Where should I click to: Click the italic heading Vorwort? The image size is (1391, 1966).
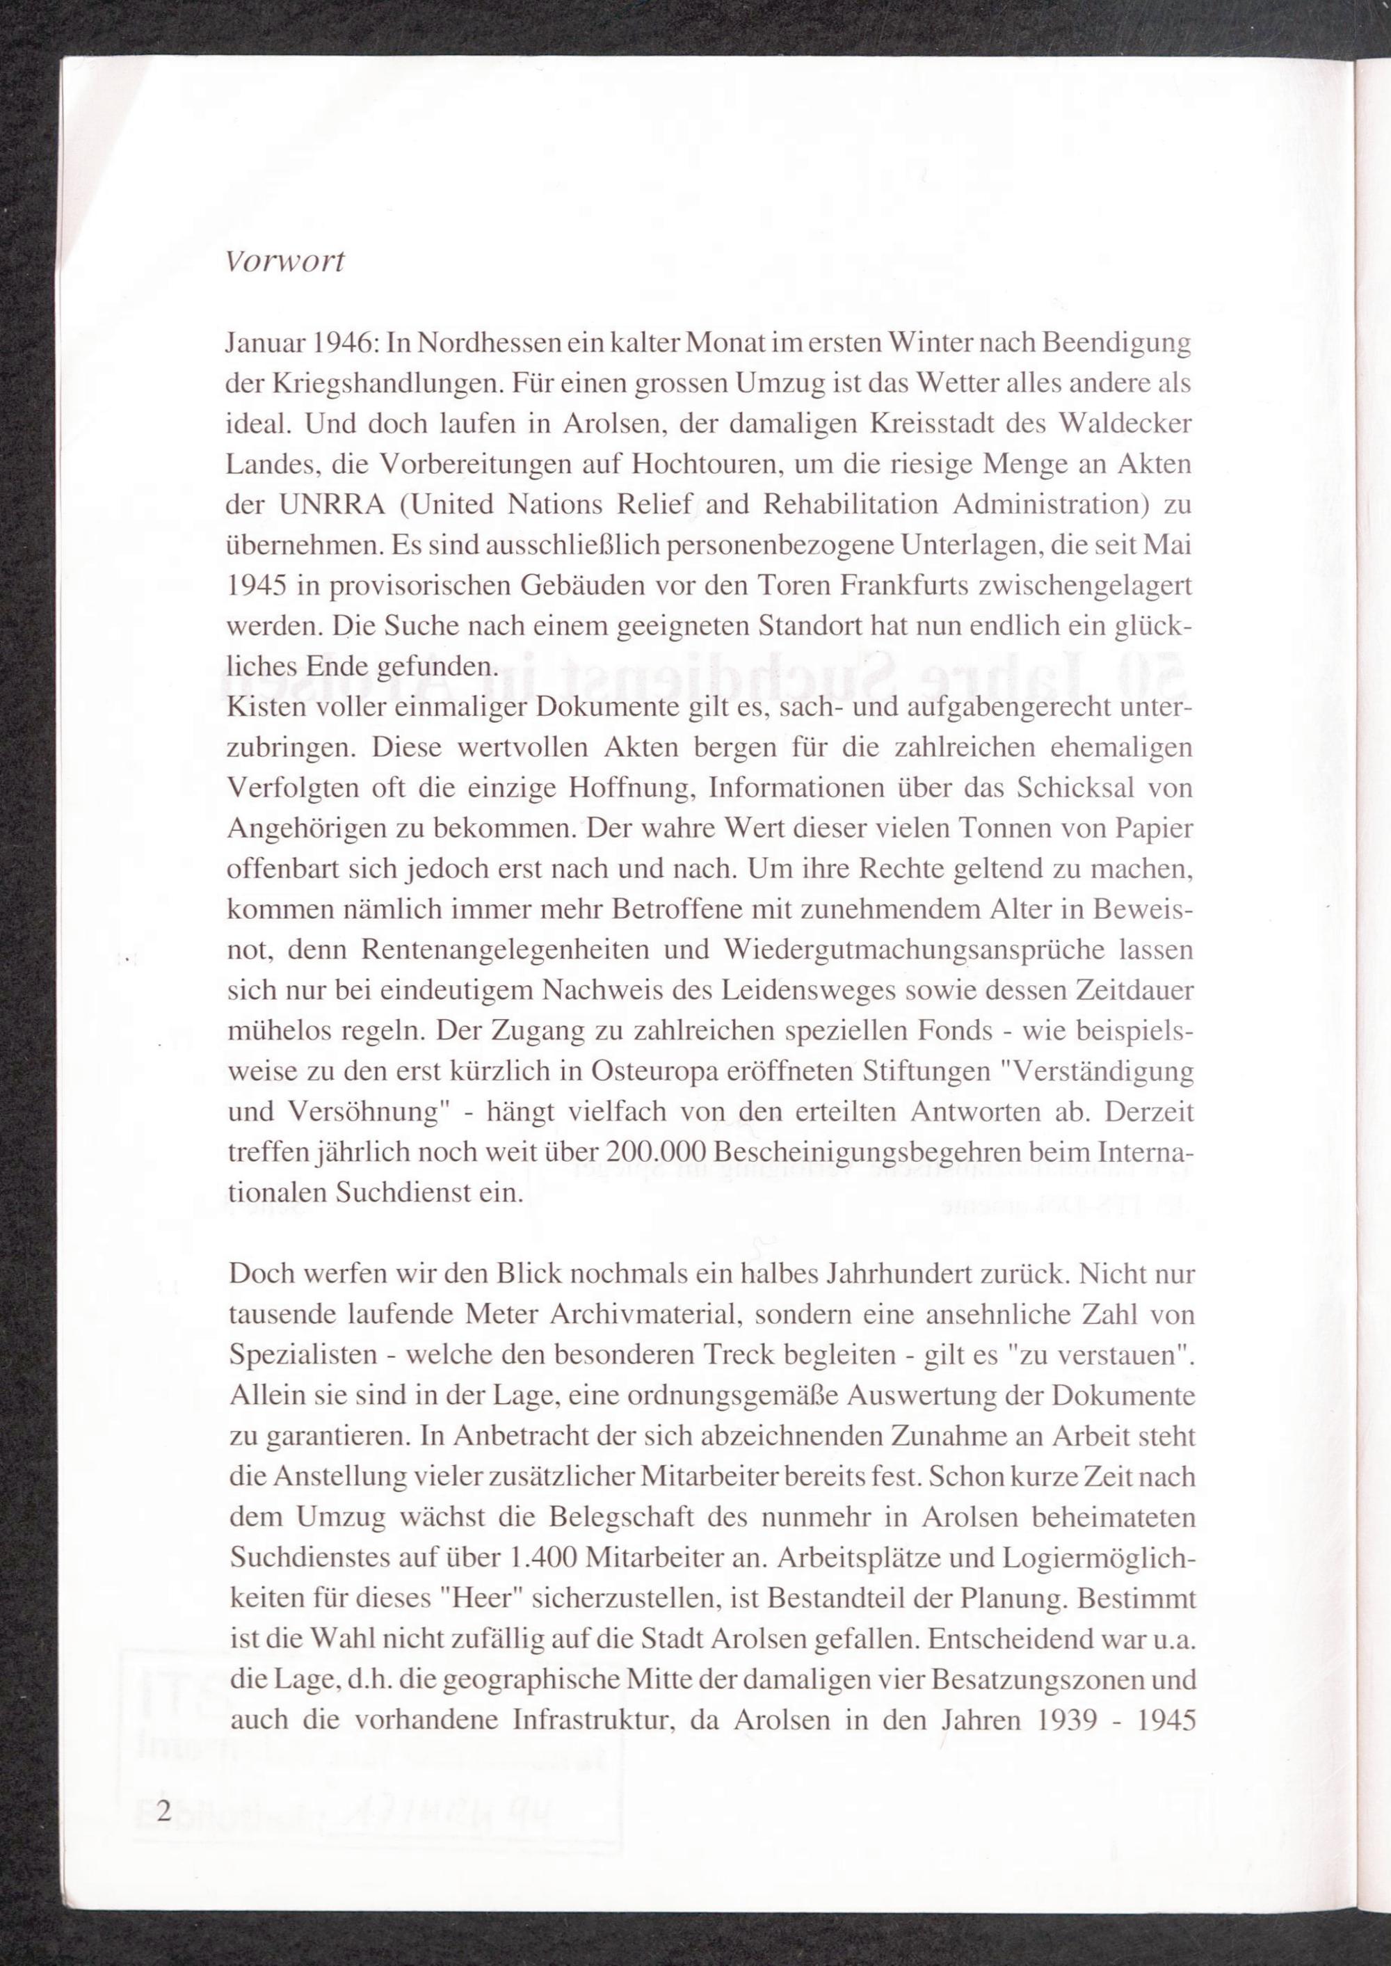[284, 262]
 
